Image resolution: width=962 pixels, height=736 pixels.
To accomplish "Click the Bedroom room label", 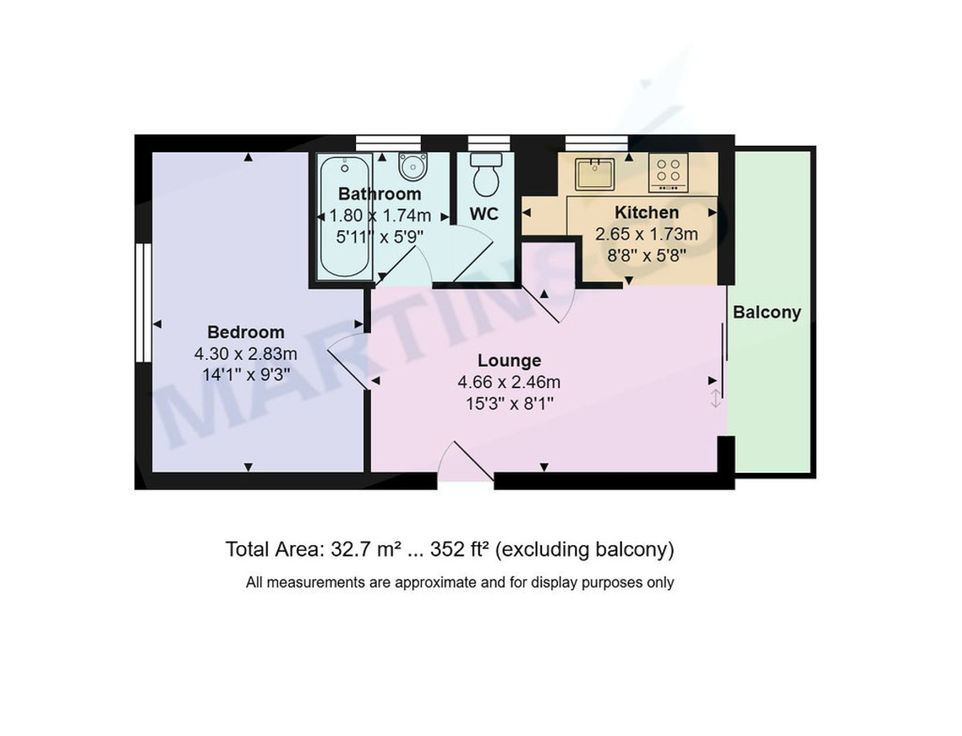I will [245, 332].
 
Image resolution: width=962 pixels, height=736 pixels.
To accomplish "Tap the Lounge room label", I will [509, 361].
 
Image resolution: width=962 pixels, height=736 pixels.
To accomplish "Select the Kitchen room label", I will [646, 212].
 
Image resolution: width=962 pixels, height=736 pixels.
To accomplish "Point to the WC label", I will [484, 213].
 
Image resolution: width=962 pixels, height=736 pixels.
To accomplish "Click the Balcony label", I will [767, 313].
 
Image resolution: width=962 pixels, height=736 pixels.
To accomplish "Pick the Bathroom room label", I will [379, 194].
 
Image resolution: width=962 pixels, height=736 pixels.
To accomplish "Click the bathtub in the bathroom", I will [345, 216].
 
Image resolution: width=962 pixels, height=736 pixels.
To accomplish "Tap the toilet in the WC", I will [486, 173].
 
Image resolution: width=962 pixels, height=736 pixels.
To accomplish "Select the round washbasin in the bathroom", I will [413, 167].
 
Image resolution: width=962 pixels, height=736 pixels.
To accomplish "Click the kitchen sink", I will [594, 174].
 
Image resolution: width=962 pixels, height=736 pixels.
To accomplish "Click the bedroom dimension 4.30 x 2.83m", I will [245, 353].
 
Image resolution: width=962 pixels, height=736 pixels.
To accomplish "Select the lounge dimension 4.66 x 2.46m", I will [509, 382].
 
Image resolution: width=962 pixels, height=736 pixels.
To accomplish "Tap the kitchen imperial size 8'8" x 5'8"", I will [646, 254].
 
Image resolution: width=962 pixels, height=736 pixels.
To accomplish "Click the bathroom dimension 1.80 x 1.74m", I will [379, 215].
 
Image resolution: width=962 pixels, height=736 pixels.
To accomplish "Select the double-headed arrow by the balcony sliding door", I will [716, 398].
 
